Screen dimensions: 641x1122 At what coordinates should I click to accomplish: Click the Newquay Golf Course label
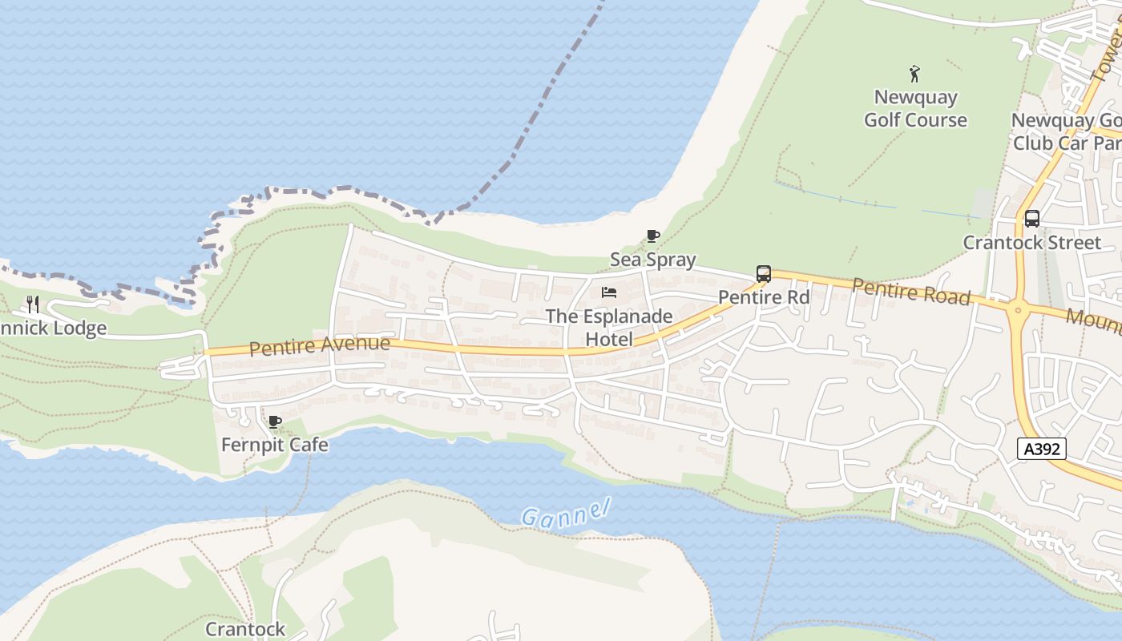coord(915,108)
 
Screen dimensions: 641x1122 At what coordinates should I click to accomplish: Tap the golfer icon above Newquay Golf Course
coord(914,75)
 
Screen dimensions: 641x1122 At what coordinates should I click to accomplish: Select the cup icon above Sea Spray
coord(653,236)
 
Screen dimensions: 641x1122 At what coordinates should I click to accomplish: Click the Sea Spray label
coord(653,260)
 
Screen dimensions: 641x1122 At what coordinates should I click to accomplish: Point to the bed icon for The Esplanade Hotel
coord(609,292)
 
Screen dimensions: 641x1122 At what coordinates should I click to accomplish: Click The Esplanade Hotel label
coord(609,328)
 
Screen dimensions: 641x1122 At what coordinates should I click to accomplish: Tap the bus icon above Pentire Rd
coord(764,274)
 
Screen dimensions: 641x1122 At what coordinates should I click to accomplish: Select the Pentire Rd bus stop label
coord(764,297)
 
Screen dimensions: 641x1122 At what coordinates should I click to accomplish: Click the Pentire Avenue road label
coord(320,346)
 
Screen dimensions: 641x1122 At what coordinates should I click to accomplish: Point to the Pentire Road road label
coord(911,292)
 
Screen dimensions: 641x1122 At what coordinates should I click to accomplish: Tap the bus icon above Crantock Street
coord(1032,218)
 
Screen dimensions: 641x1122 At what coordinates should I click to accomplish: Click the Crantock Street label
coord(1032,242)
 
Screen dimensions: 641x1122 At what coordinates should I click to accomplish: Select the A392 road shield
coord(1043,449)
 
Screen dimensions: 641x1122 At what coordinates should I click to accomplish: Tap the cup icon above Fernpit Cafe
coord(275,421)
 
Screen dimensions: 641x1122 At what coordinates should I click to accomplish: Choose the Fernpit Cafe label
coord(275,445)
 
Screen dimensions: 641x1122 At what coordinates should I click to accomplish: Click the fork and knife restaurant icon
coord(33,304)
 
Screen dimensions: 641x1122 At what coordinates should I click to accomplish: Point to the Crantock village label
coord(245,629)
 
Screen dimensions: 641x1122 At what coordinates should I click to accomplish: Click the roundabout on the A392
coord(1018,310)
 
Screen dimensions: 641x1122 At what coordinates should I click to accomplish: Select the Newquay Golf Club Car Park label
coord(1066,131)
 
